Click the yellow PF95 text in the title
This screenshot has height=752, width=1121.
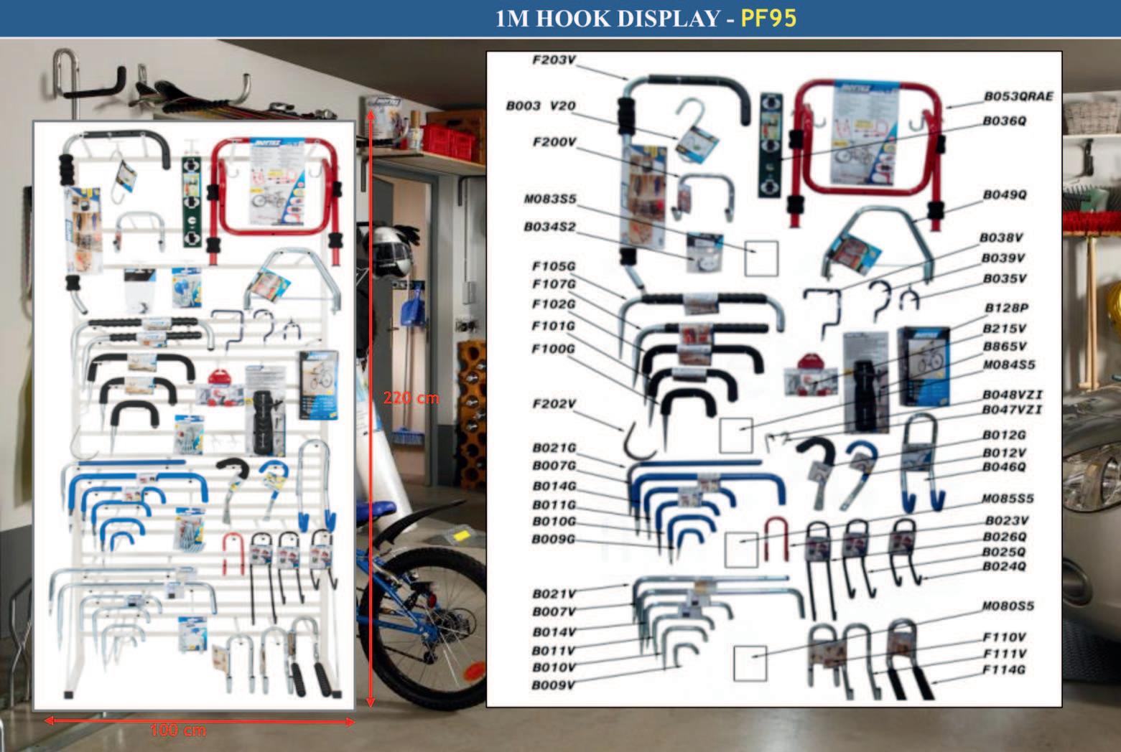(768, 17)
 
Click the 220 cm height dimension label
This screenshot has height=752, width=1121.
(411, 398)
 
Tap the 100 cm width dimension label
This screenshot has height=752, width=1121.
(178, 730)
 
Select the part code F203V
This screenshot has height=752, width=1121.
(554, 60)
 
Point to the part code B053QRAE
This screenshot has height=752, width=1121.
(1018, 96)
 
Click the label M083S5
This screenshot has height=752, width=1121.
(550, 199)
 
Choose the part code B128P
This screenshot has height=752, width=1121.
(1005, 308)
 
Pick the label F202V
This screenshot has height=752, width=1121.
(554, 404)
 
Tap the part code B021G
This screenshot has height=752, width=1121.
(554, 448)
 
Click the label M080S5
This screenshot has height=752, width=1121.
(1008, 606)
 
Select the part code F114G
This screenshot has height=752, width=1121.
(1004, 670)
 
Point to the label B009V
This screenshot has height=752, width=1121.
(553, 685)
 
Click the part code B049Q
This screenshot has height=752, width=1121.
(1005, 194)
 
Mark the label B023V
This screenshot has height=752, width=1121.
(1005, 521)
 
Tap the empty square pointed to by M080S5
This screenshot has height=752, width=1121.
(750, 663)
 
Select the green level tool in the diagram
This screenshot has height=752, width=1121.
(770, 145)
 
